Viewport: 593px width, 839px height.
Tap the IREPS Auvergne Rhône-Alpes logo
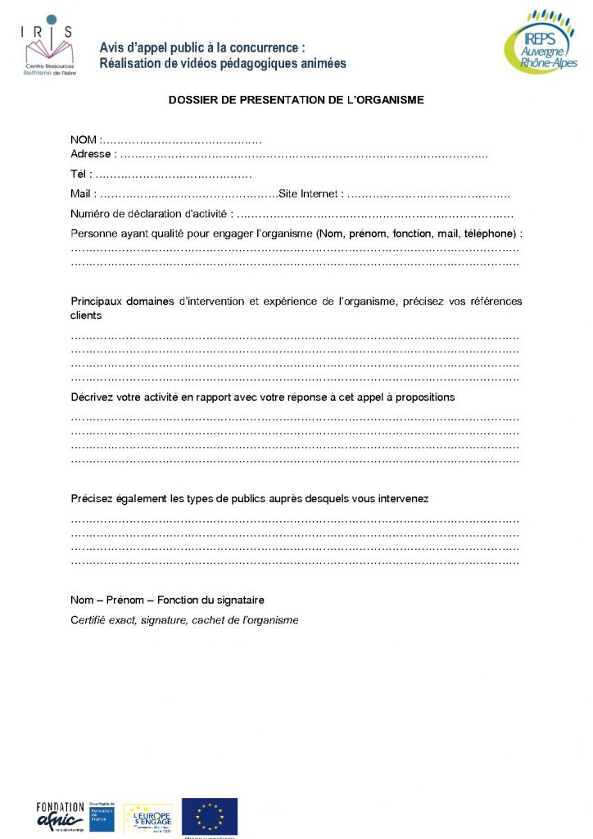[x=540, y=43]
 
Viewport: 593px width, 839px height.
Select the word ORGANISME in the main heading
[x=389, y=100]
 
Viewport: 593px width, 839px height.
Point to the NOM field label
[x=84, y=140]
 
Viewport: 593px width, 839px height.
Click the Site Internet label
[x=308, y=194]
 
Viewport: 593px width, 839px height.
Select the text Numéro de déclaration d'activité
[x=147, y=215]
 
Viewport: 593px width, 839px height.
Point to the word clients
[x=87, y=315]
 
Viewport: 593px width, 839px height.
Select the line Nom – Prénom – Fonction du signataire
[x=167, y=601]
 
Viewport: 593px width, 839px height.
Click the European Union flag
[x=210, y=816]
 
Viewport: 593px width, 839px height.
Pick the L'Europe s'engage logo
[x=147, y=817]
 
